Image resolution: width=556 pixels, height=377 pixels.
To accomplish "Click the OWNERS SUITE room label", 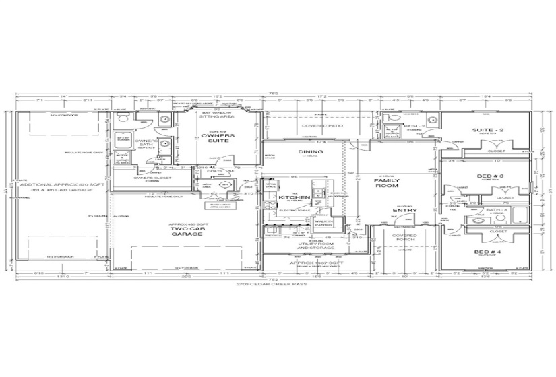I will tap(217, 139).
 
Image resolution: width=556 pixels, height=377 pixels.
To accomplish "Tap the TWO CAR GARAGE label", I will tap(184, 232).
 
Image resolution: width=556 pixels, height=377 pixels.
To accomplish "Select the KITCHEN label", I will tap(294, 197).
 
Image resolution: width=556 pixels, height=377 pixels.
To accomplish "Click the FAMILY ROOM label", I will tap(387, 184).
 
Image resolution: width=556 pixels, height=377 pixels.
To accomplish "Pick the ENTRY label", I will tap(406, 211).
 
